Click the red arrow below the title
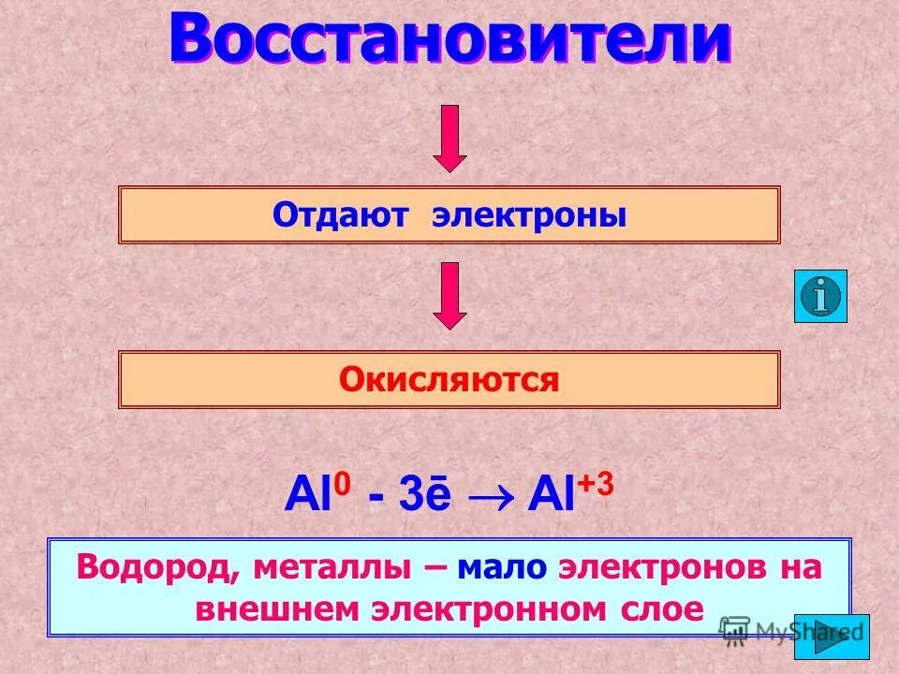click(450, 138)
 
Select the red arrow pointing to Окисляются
click(450, 295)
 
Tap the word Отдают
click(341, 216)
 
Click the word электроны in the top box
click(529, 216)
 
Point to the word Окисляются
click(449, 379)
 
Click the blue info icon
click(820, 296)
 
